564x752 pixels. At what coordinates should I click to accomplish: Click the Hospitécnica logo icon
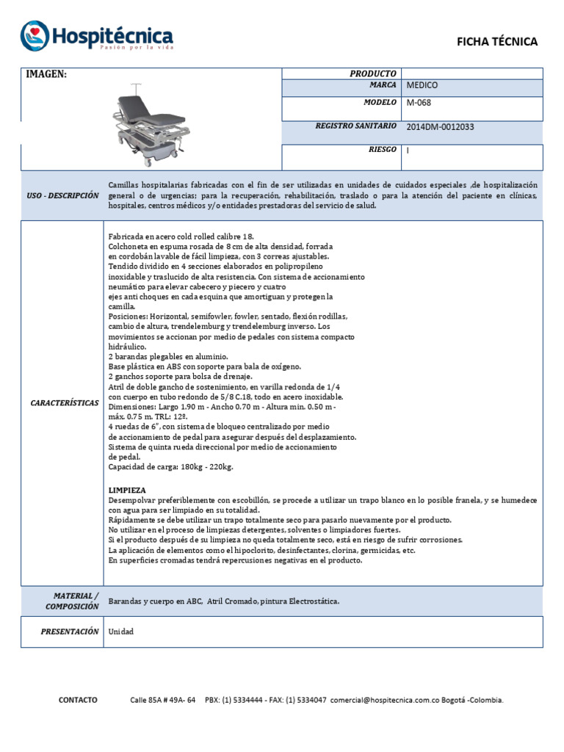(x=34, y=35)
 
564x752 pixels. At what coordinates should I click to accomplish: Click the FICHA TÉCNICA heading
(x=497, y=42)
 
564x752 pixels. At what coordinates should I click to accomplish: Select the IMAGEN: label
(x=47, y=74)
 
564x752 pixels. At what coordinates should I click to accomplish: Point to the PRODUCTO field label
(x=373, y=73)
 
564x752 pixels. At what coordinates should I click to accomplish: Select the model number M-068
(x=418, y=103)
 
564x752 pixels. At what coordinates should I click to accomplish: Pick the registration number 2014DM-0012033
(x=440, y=126)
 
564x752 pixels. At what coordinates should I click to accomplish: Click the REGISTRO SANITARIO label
(x=355, y=126)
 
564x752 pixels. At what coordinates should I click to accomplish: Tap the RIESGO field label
(x=382, y=150)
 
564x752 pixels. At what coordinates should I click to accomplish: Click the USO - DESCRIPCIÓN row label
(x=62, y=196)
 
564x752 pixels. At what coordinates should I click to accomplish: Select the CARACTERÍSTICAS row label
(x=65, y=403)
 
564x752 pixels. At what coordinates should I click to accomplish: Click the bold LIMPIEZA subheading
(x=127, y=490)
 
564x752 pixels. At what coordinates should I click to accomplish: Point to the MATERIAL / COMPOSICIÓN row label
(x=71, y=601)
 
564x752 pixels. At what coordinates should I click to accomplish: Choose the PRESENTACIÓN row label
(x=70, y=632)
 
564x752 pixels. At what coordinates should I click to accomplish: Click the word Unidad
(x=121, y=632)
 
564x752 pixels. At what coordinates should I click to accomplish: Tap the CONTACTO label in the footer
(x=78, y=700)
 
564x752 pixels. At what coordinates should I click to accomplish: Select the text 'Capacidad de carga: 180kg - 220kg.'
(x=170, y=467)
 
